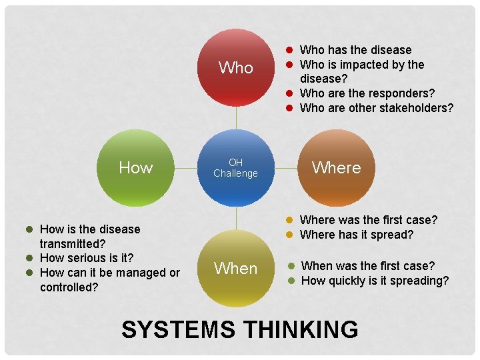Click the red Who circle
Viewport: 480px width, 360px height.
tap(236, 67)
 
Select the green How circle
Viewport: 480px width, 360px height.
tap(136, 168)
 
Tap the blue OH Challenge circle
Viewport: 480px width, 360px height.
tap(236, 168)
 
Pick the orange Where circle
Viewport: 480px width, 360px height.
tap(336, 168)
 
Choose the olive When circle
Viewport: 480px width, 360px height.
tap(236, 269)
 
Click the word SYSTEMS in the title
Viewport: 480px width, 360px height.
tap(178, 330)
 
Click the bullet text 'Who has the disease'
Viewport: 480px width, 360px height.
tap(355, 50)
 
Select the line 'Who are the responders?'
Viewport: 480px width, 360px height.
tap(367, 93)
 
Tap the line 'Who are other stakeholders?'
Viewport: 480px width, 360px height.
tap(377, 108)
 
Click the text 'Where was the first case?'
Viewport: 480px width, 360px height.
tap(369, 220)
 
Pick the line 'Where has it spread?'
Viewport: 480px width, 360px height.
tap(357, 235)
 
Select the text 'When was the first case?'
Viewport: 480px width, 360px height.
tap(368, 266)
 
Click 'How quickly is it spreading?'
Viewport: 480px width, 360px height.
tap(375, 281)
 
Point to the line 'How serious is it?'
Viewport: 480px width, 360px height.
tap(87, 258)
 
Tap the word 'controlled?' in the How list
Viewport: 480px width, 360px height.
tap(69, 287)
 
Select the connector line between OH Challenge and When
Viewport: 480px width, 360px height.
tap(237, 218)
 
